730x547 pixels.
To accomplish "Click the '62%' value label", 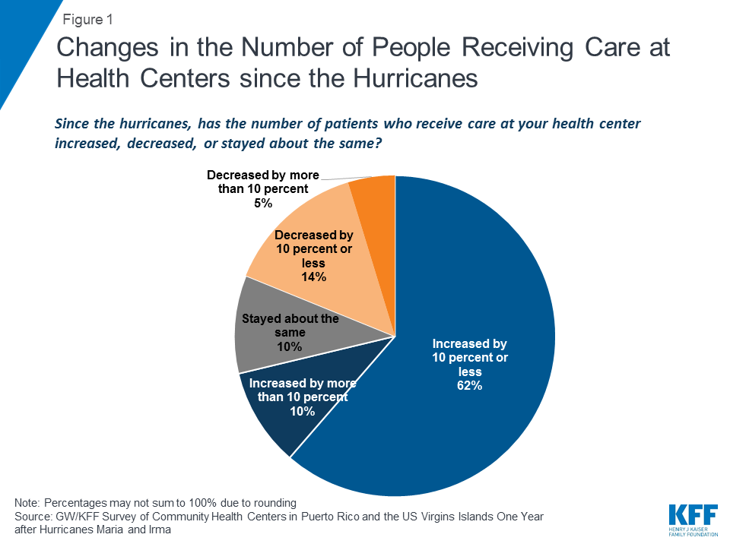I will click(x=468, y=385).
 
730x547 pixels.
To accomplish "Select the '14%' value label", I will click(x=313, y=277).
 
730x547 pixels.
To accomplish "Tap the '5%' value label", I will click(x=263, y=203).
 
